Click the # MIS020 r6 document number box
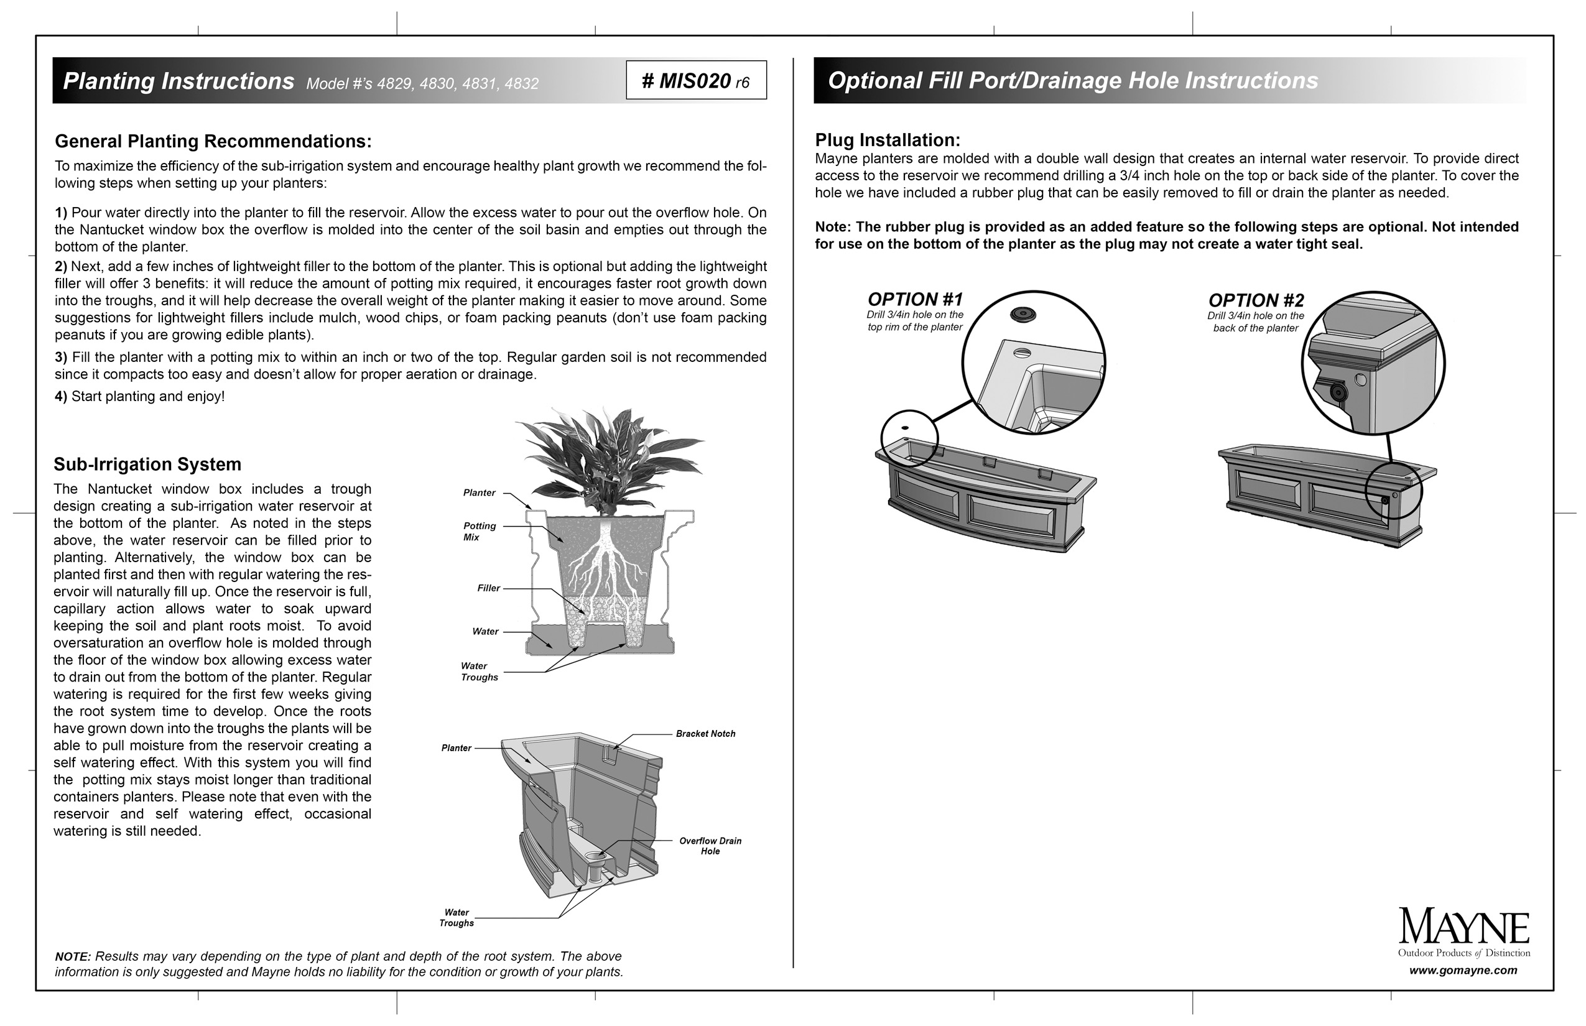point(696,81)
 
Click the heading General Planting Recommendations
point(213,141)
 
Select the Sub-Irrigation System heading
point(147,464)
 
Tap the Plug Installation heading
point(887,140)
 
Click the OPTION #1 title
point(915,299)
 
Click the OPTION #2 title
point(1256,300)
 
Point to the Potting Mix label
point(479,531)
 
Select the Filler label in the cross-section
point(488,588)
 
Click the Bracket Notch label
point(705,734)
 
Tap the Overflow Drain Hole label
point(710,846)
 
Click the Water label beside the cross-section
point(485,632)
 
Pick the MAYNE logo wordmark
point(1463,927)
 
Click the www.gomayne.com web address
point(1463,970)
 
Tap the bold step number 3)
point(62,357)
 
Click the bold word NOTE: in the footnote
point(73,957)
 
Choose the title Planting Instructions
point(178,81)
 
